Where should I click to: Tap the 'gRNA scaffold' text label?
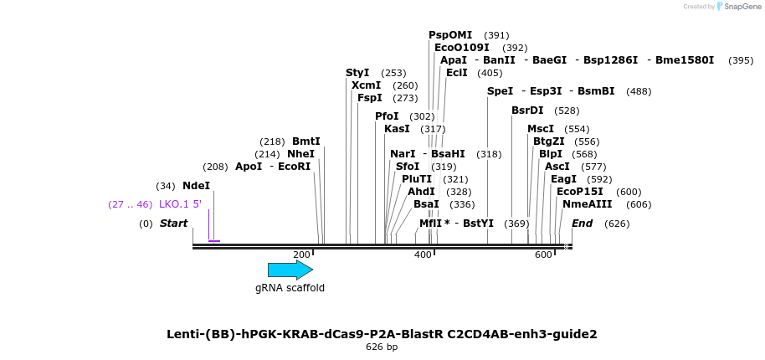click(x=290, y=288)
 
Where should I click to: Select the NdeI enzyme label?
click(x=196, y=186)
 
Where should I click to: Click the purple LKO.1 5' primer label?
click(x=180, y=204)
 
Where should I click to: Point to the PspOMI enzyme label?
click(x=450, y=35)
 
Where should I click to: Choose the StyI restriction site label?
click(x=357, y=73)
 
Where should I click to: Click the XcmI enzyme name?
click(x=366, y=85)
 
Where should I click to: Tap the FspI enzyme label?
click(x=370, y=98)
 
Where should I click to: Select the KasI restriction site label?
click(x=397, y=129)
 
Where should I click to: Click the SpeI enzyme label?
click(x=500, y=91)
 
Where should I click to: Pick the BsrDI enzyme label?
click(x=527, y=111)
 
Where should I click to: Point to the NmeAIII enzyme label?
click(x=587, y=204)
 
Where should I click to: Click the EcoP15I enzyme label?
click(x=581, y=192)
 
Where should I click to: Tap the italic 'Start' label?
click(x=173, y=224)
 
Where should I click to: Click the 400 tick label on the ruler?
click(x=423, y=255)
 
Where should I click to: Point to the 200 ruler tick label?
click(x=301, y=255)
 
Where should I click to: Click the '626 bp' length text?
click(x=382, y=347)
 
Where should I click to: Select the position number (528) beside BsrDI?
click(x=567, y=111)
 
